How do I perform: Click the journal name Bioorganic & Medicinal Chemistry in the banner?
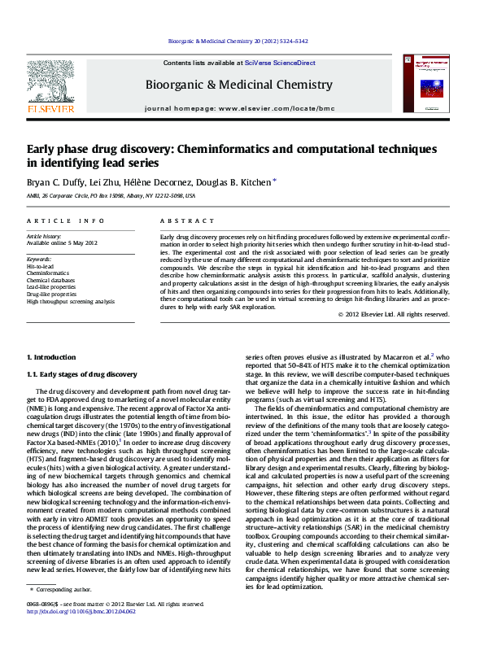click(238, 85)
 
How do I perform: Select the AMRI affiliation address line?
click(111, 196)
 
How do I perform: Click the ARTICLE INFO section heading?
click(65, 221)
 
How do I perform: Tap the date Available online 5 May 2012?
click(62, 242)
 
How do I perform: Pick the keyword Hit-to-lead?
click(41, 266)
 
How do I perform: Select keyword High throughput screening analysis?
click(71, 301)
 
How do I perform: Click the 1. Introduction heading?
click(53, 357)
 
